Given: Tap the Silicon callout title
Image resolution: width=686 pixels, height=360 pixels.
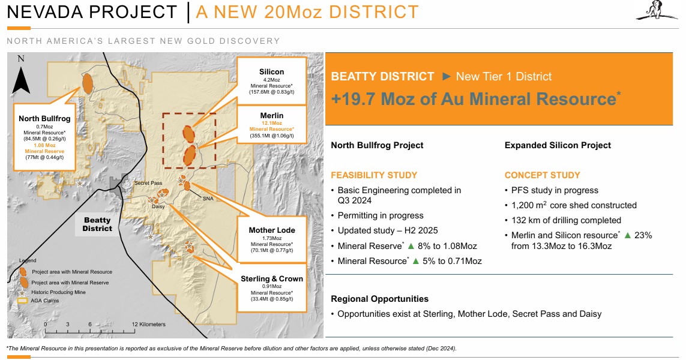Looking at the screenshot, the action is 271,72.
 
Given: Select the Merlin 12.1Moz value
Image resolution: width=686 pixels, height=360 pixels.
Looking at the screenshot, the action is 272,123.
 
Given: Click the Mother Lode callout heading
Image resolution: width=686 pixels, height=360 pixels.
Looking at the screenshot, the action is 272,230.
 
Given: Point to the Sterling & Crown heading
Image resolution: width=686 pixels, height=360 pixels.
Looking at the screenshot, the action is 272,278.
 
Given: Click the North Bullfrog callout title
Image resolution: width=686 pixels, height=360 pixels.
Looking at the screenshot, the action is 44,119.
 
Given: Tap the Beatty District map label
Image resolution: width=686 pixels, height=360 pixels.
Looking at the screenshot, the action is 97,224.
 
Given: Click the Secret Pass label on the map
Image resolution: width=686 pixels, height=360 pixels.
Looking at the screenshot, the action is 148,183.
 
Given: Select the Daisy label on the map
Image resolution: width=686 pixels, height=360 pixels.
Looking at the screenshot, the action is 158,206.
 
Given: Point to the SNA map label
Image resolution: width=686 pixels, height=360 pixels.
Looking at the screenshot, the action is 208,199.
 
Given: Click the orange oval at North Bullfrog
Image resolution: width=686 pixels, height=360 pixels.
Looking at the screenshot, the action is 88,83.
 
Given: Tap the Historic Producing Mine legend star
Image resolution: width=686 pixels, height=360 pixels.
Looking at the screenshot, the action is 22,293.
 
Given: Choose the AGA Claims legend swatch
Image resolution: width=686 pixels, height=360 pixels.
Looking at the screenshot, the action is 22,301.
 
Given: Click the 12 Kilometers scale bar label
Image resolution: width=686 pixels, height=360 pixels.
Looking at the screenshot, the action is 149,325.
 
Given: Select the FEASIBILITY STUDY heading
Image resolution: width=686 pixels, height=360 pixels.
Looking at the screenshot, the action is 374,175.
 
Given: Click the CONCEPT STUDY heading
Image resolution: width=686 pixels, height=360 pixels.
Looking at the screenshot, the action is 542,175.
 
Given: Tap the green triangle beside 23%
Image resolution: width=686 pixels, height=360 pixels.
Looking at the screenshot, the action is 627,235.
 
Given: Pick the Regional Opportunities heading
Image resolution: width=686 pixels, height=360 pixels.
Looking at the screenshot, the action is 380,299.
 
